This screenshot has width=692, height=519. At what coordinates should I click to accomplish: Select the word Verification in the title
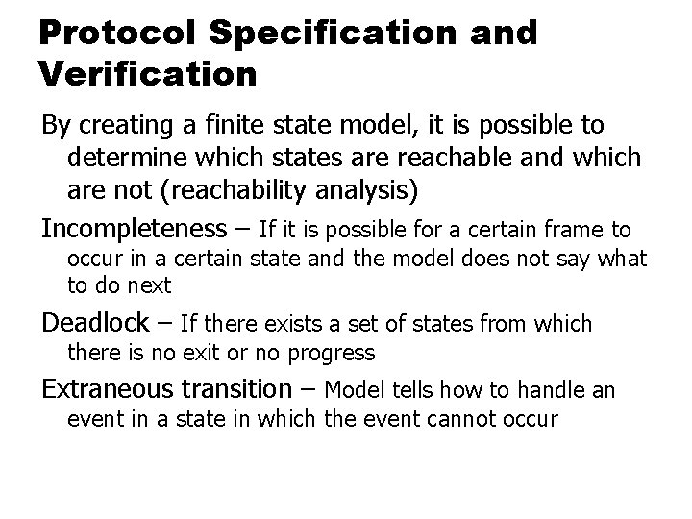pos(148,73)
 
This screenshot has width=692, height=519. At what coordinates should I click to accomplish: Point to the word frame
pos(570,230)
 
